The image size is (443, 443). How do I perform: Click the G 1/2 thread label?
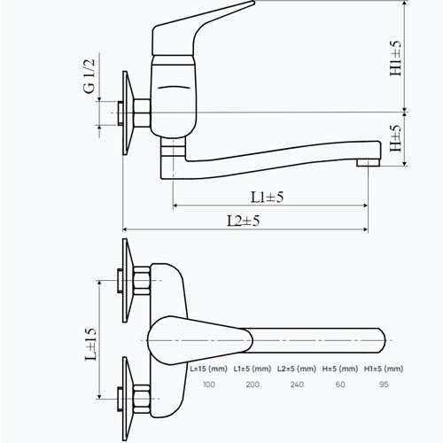(89, 76)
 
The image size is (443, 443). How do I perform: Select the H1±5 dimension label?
(395, 58)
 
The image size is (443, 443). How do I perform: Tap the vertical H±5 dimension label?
(395, 138)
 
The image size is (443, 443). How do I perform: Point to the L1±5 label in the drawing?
(267, 197)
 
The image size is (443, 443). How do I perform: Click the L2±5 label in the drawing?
(243, 221)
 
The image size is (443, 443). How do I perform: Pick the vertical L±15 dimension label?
(90, 345)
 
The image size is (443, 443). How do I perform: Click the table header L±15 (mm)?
(209, 369)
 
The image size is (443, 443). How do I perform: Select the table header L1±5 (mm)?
(253, 369)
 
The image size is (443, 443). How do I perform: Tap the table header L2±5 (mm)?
(297, 369)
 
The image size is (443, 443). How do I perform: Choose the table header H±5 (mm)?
(340, 369)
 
